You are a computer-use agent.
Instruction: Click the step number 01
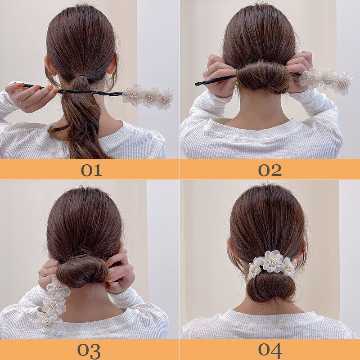pos(91,171)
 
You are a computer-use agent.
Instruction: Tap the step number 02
pos(270,171)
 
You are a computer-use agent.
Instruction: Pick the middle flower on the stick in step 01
pos(151,96)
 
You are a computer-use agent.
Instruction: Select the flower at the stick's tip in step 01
pos(166,99)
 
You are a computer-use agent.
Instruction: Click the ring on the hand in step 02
pos(208,72)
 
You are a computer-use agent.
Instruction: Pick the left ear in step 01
pos(49,67)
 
